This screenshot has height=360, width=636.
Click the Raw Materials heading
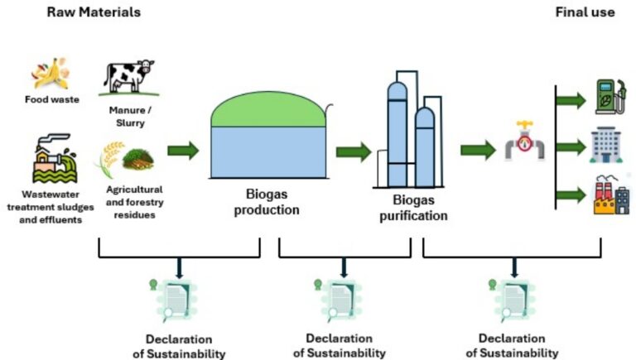click(x=94, y=12)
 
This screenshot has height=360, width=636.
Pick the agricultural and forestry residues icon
click(x=124, y=159)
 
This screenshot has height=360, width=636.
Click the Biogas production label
click(x=264, y=203)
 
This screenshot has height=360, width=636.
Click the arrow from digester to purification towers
click(x=353, y=151)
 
